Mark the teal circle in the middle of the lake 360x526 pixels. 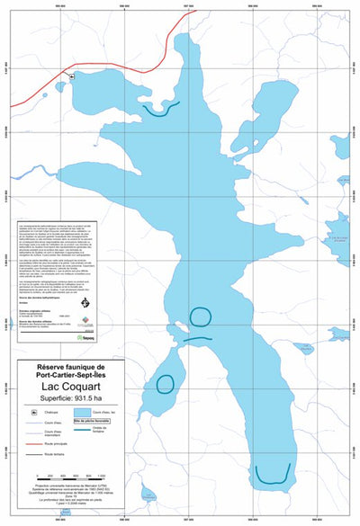click(x=200, y=316)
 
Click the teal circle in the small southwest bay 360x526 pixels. click(x=165, y=384)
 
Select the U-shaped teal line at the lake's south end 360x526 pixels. click(x=274, y=472)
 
